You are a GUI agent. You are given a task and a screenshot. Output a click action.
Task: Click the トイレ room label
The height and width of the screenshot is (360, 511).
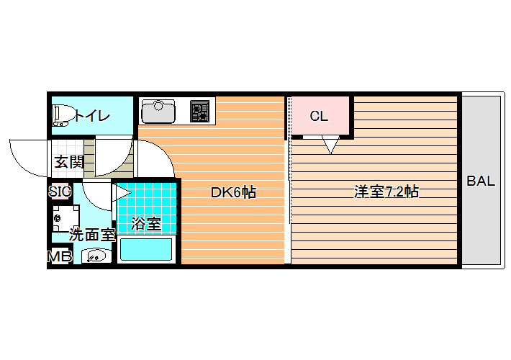92,116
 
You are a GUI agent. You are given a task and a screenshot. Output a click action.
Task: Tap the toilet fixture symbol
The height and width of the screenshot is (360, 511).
62,115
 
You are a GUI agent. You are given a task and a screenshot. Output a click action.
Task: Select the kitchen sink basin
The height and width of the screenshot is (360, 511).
158,111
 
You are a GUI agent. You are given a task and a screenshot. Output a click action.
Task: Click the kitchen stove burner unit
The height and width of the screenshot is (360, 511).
199,111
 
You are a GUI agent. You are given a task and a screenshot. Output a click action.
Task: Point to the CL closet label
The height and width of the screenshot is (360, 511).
319,116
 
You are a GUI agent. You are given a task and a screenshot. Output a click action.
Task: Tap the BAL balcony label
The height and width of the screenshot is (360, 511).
481,181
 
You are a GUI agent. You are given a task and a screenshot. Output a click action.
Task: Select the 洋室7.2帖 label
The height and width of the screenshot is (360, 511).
386,192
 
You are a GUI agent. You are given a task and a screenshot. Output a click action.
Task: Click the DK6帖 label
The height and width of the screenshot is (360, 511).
233,192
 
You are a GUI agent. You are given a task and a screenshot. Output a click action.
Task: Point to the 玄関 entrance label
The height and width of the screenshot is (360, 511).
69,162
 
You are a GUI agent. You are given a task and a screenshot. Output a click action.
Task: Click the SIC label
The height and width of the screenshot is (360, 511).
60,192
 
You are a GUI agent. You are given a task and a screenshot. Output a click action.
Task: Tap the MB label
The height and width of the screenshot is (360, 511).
59,256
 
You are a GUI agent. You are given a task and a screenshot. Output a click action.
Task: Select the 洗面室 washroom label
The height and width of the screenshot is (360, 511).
93,235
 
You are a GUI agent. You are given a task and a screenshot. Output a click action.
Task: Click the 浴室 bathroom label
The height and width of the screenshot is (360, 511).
146,224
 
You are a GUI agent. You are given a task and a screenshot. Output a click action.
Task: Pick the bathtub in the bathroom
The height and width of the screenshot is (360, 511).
146,249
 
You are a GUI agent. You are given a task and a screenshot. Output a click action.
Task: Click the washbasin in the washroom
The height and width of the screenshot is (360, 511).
96,256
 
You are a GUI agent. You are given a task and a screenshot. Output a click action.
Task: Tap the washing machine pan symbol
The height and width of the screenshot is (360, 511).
65,218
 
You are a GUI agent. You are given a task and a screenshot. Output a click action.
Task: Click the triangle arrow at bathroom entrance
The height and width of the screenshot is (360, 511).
122,192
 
